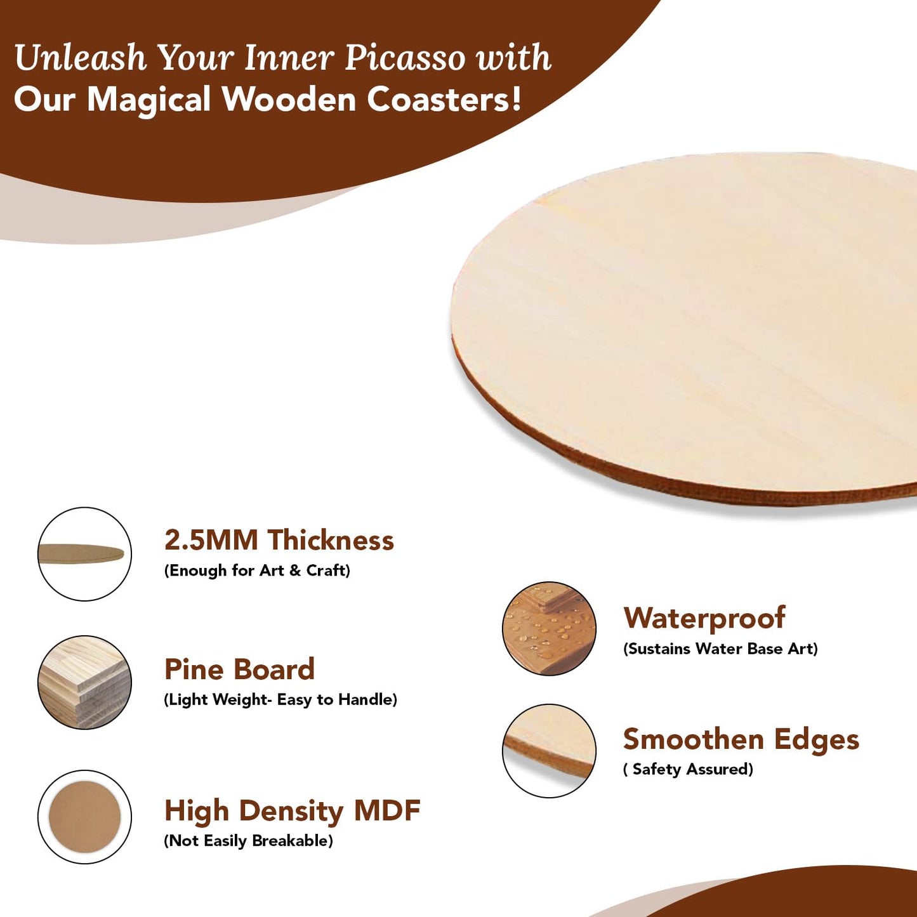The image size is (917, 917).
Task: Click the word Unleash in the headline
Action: point(80,58)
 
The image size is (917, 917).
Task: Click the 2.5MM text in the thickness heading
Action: point(211,541)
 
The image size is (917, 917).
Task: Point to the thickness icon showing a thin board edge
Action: point(84,554)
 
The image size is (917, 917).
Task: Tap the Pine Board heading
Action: point(239,670)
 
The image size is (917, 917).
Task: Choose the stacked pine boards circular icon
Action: point(84,682)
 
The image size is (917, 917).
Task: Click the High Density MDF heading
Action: point(292,811)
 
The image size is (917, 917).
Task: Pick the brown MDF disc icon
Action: point(84,817)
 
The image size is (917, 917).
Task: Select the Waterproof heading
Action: point(704,619)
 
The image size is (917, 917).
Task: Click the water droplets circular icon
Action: point(549,628)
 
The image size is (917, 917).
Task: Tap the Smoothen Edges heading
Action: point(741,740)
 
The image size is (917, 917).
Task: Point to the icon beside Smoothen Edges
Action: point(549,751)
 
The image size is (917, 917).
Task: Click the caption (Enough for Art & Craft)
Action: point(257,571)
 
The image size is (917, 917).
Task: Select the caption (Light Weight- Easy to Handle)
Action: point(280,699)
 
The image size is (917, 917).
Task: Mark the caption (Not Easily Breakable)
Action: point(248,841)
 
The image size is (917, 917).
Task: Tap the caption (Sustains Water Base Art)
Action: point(720,649)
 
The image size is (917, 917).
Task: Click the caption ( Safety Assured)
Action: point(688,769)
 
